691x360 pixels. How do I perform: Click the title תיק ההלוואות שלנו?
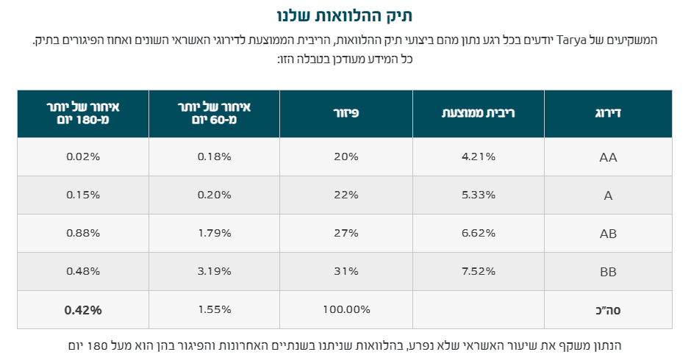pyautogui.click(x=345, y=15)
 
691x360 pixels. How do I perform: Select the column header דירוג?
pyautogui.click(x=608, y=113)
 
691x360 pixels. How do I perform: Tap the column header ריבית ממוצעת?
pyautogui.click(x=478, y=113)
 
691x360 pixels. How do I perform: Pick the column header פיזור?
pyautogui.click(x=345, y=113)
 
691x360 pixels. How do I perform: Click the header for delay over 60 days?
pyautogui.click(x=214, y=113)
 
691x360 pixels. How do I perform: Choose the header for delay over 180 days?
pyautogui.click(x=82, y=113)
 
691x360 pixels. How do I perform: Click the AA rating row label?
pyautogui.click(x=608, y=157)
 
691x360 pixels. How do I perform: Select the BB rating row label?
pyautogui.click(x=608, y=272)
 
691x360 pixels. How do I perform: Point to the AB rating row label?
pyautogui.click(x=608, y=234)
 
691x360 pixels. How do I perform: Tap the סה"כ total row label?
pyautogui.click(x=608, y=310)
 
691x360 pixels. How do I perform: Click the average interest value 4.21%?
pyautogui.click(x=478, y=156)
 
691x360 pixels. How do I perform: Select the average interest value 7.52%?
pyautogui.click(x=478, y=271)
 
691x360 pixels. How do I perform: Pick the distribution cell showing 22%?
pyautogui.click(x=345, y=195)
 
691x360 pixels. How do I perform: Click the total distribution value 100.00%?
pyautogui.click(x=345, y=309)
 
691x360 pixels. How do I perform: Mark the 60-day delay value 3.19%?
pyautogui.click(x=214, y=271)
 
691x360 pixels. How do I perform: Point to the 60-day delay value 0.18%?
pyautogui.click(x=214, y=156)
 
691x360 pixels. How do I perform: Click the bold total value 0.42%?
pyautogui.click(x=82, y=309)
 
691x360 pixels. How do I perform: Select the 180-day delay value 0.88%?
pyautogui.click(x=82, y=233)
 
